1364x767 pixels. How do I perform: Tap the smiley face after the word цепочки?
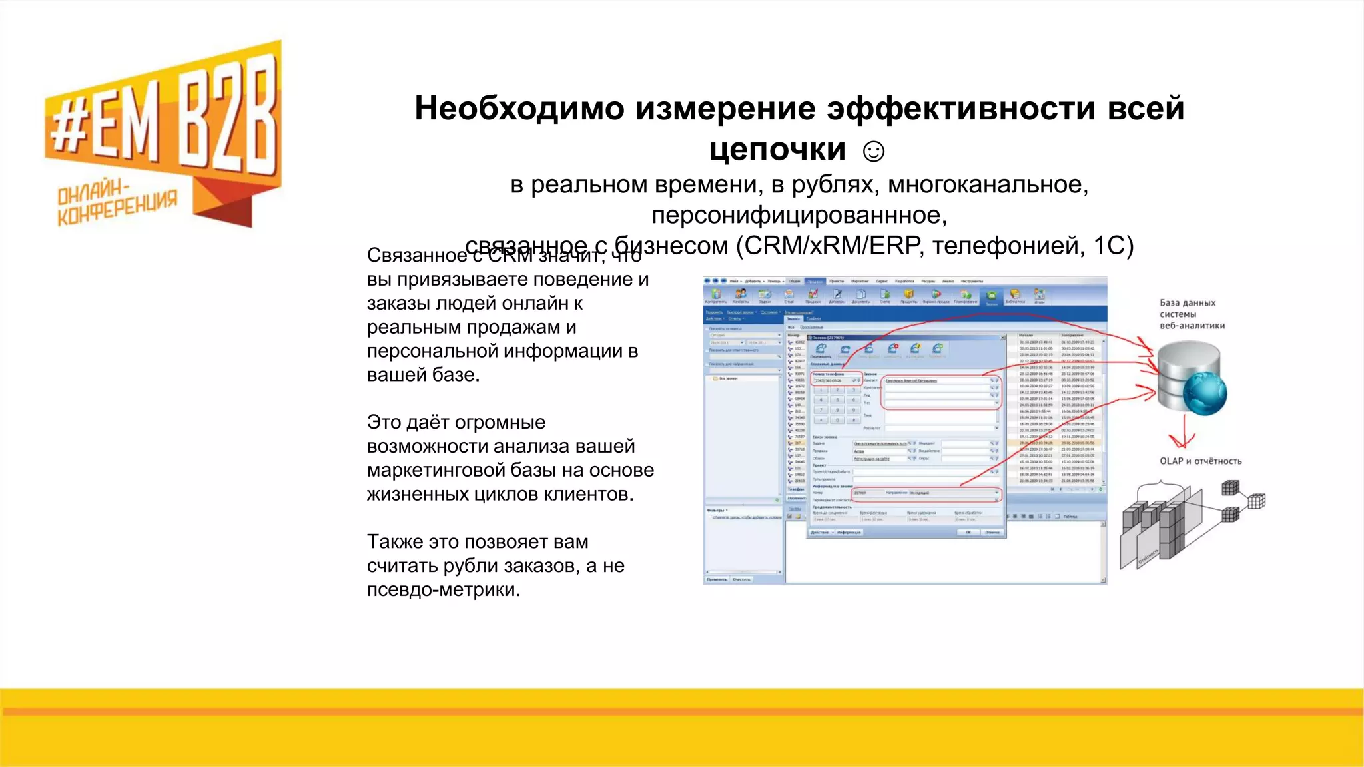point(873,152)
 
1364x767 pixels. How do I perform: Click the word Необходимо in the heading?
point(519,108)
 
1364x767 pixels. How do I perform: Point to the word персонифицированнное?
point(799,216)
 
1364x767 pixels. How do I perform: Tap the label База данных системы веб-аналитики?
point(1192,314)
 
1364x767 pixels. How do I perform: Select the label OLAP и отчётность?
point(1200,461)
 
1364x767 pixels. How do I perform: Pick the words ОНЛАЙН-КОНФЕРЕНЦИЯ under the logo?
point(117,202)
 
